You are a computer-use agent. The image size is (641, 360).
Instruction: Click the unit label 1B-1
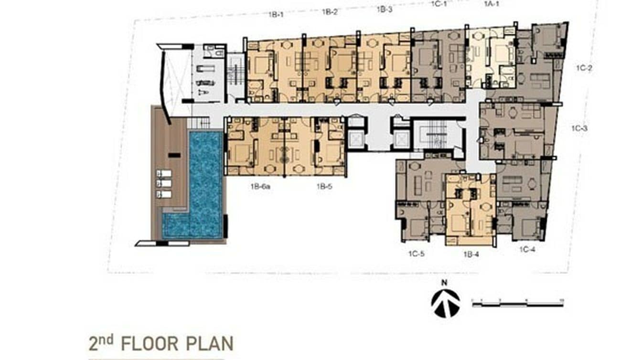276,14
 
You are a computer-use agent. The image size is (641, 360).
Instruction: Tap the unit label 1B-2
330,12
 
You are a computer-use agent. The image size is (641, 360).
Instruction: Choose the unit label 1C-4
527,249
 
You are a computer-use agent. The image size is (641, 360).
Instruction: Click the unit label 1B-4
471,254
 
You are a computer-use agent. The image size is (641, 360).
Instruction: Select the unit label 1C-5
416,254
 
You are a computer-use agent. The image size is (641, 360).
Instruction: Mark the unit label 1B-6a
260,187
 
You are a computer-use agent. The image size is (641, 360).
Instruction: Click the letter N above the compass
444,283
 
